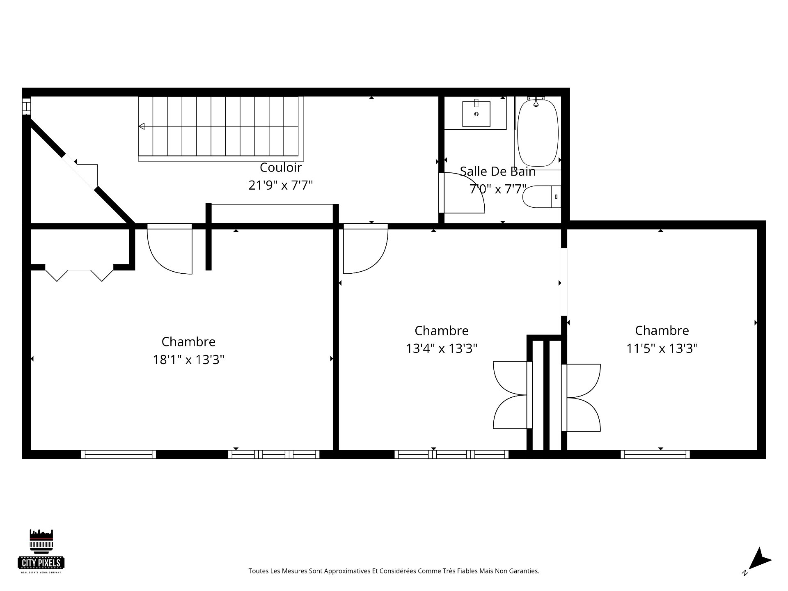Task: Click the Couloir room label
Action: point(281,167)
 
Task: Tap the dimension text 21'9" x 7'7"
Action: point(281,186)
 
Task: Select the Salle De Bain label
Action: point(497,172)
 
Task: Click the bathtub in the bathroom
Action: point(538,133)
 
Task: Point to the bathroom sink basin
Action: point(476,114)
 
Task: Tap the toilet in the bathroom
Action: point(541,197)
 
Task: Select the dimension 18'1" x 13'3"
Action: point(188,360)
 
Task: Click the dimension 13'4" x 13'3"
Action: point(442,349)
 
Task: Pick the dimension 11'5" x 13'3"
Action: point(662,349)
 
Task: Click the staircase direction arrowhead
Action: point(142,126)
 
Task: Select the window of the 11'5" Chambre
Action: point(655,454)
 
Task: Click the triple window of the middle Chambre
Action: point(451,454)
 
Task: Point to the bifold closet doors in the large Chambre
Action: point(79,273)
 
